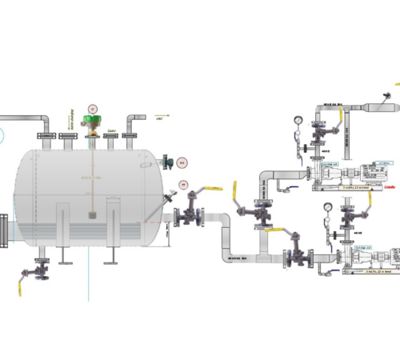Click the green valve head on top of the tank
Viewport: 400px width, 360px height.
point(94,122)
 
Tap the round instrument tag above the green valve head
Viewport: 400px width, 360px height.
point(93,107)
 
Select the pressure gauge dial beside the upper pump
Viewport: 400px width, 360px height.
point(298,120)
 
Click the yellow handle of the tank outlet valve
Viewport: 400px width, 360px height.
point(212,189)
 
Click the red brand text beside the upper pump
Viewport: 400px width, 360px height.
point(390,189)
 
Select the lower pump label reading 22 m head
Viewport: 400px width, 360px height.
point(373,272)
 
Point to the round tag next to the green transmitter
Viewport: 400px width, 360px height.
point(182,163)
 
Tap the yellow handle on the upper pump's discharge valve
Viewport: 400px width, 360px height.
point(342,119)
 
